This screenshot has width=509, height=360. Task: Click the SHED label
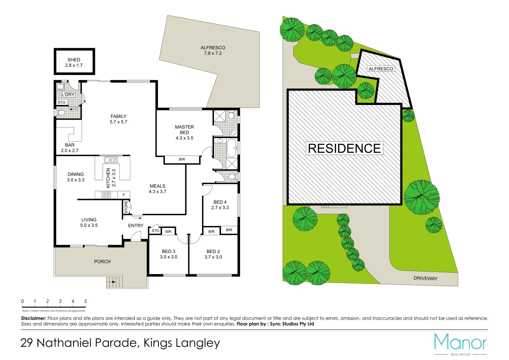(x=74, y=60)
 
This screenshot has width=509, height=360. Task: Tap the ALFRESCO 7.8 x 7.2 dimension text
(x=213, y=53)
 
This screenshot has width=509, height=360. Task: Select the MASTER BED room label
(x=184, y=130)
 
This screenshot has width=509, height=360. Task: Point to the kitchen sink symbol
(x=111, y=160)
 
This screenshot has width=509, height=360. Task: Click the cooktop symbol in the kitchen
(x=106, y=195)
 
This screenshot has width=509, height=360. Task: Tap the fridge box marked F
(x=124, y=195)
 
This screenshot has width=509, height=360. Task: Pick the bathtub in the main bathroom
(x=231, y=148)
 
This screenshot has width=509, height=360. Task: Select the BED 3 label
(x=168, y=251)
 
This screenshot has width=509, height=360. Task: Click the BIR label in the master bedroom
(x=182, y=159)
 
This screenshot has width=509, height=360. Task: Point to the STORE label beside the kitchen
(x=126, y=207)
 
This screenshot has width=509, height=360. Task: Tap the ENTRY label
(x=136, y=226)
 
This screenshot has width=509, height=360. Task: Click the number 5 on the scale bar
(x=85, y=301)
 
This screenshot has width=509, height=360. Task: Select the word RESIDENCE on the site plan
(x=344, y=148)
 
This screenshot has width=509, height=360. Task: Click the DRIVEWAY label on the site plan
(x=425, y=278)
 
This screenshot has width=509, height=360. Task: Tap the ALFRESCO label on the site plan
(x=381, y=69)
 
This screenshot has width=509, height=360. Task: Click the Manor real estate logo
(x=460, y=343)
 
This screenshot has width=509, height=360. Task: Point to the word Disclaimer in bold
(x=33, y=318)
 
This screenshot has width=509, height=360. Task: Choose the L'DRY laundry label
(x=68, y=94)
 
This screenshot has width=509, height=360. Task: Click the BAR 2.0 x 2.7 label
(x=70, y=148)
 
